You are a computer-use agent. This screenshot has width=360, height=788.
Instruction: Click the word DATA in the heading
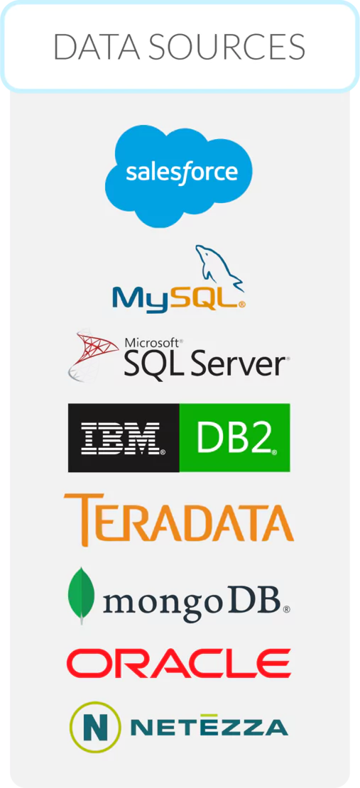tap(96, 47)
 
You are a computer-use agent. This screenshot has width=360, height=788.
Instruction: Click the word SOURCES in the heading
tap(227, 47)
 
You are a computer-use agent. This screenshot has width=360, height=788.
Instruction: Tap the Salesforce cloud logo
tap(179, 175)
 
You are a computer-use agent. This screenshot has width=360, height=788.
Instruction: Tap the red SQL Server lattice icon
tap(93, 354)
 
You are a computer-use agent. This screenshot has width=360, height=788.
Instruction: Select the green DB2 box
tap(234, 438)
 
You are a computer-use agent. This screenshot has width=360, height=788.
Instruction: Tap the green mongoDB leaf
tap(82, 596)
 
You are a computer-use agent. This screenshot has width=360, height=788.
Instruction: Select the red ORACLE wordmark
tap(178, 663)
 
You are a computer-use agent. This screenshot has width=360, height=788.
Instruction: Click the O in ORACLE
tap(85, 663)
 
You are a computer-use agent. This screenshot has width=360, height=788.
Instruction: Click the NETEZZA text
tap(209, 726)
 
